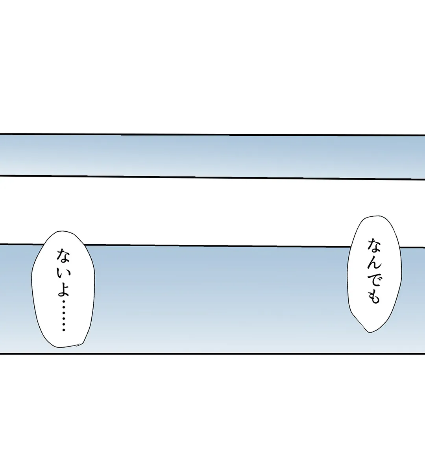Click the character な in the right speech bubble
tap(374, 245)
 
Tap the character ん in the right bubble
tap(374, 261)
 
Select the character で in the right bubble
tap(374, 279)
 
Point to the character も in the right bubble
tap(374, 297)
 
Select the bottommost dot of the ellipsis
tap(63, 330)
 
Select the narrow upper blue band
tap(213, 156)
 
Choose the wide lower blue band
tap(213, 299)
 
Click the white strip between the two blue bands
tap(213, 212)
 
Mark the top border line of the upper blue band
tap(213, 135)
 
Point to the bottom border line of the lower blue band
tap(213, 354)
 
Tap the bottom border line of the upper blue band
tap(213, 177)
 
